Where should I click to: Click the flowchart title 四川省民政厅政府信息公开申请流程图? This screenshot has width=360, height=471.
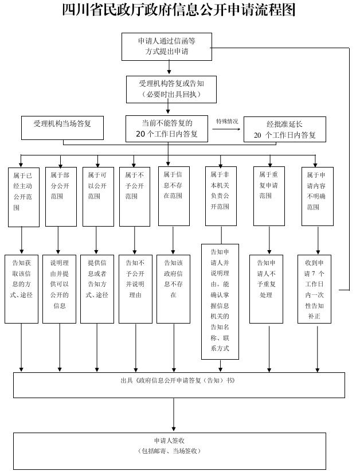coord(179,11)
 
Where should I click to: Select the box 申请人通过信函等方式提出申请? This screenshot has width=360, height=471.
coord(167,46)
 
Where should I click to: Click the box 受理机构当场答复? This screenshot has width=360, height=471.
coord(62,128)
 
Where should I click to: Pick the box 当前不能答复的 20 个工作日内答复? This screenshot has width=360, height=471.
coord(167,129)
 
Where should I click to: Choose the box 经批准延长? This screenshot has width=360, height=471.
coord(284,130)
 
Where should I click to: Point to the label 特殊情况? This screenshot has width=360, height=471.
coord(227,122)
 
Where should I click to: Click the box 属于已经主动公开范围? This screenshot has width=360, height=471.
coord(24,196)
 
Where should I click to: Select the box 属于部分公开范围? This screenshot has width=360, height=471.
coord(60,196)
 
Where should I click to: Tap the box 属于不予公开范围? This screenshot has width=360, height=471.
coord(135,196)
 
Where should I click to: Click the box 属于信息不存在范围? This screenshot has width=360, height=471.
coord(173,196)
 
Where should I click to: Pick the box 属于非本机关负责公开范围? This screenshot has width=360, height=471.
coord(221,196)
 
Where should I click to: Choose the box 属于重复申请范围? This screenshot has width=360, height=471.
coord(269,196)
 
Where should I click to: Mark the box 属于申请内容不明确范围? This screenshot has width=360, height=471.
coord(317,196)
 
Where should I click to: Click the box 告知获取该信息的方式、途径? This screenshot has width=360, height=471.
coord(22,289)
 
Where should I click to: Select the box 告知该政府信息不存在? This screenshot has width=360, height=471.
coord(173,289)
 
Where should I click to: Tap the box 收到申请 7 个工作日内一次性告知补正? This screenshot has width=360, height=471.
coord(314,289)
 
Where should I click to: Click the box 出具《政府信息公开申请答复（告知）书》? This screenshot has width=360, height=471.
coord(179,385)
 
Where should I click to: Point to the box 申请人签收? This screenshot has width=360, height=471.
coord(169,451)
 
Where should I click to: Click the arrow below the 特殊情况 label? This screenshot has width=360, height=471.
coord(227,129)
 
